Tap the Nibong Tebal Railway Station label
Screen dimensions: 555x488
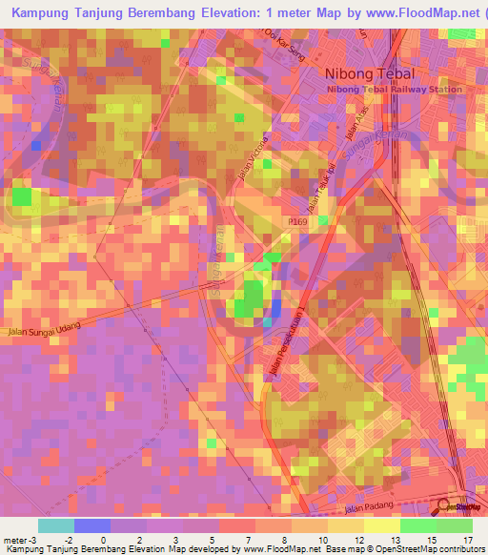coord(395,90)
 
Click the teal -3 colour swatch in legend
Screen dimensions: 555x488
coord(56,525)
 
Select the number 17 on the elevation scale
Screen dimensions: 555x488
coord(468,540)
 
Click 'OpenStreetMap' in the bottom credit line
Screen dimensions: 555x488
coord(390,549)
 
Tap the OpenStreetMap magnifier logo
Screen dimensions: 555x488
coord(442,506)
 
